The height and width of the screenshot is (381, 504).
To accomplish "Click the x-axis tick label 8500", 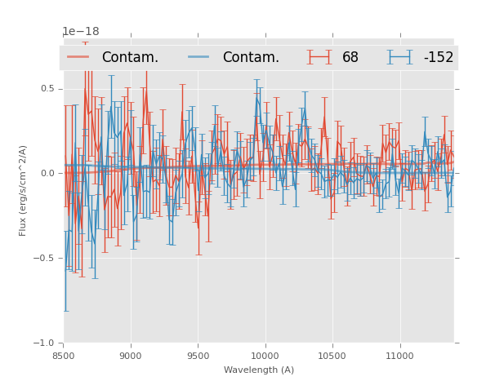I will click(64, 356).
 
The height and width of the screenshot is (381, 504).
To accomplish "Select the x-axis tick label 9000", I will click(131, 356).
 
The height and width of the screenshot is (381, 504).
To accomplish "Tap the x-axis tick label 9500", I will click(198, 356).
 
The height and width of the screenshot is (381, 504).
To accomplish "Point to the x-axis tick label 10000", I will click(265, 356).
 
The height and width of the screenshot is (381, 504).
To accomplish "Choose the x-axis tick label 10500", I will click(332, 356).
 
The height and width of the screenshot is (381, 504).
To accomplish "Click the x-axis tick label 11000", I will click(399, 356).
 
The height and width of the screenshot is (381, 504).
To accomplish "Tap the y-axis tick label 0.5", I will click(47, 88).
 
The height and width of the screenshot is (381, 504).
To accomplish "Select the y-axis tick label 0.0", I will click(47, 173).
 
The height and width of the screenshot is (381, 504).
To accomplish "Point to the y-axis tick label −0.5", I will click(45, 258).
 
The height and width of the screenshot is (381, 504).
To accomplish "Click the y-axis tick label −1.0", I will click(45, 343).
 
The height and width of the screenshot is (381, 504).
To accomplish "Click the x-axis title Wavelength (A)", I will click(259, 370).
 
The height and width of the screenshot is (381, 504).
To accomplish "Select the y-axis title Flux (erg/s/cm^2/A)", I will click(24, 191).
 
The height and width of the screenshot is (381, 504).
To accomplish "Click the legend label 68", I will click(350, 58).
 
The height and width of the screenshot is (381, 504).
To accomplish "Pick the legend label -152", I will click(438, 58).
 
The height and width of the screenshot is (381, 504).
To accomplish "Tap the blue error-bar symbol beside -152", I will click(400, 57).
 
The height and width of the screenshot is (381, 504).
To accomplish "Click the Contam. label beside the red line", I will click(130, 58).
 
